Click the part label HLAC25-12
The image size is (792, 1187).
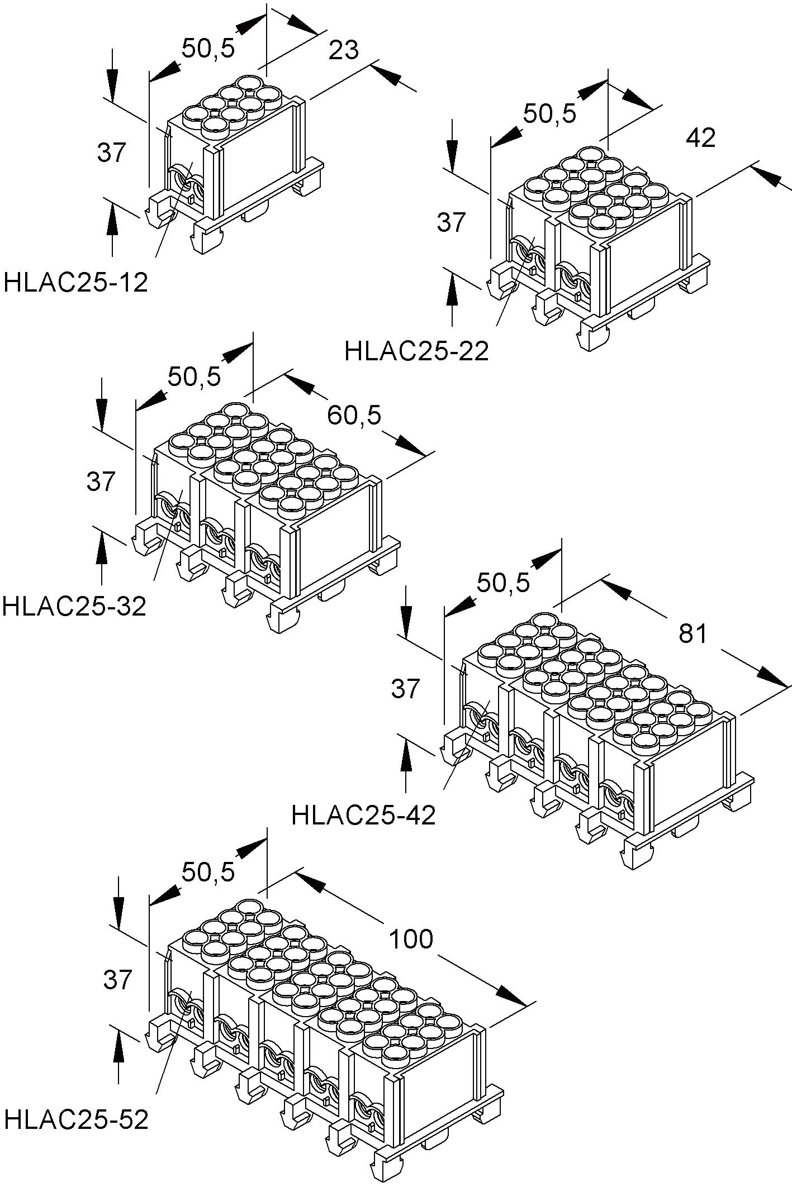[76, 283]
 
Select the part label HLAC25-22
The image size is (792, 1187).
[416, 352]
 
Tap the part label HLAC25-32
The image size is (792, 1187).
[74, 606]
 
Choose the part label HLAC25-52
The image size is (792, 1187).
[76, 1118]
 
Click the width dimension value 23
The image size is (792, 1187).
[343, 51]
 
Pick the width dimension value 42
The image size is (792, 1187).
[700, 137]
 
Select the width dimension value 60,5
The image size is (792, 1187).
[354, 415]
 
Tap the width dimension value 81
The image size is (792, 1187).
[693, 633]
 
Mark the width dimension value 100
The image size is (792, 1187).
[411, 940]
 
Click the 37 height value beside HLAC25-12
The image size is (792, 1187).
[112, 152]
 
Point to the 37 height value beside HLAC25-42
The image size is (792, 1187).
[405, 689]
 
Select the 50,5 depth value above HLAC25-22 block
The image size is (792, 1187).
[549, 115]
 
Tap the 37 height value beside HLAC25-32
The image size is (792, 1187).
[101, 481]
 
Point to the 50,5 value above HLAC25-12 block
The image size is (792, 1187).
[208, 49]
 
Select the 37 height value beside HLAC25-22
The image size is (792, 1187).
[451, 222]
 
